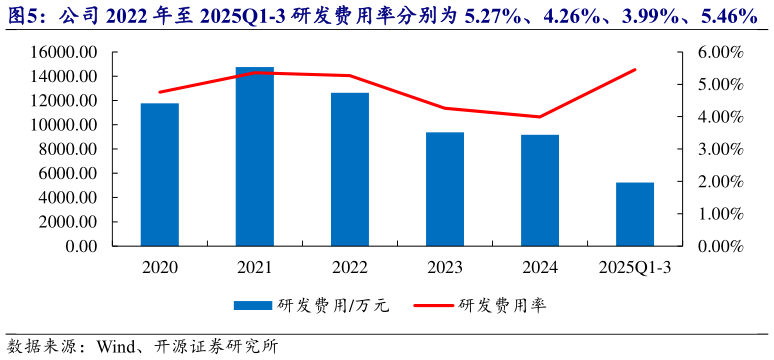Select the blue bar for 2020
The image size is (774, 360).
click(x=160, y=174)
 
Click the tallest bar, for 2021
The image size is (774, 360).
click(x=254, y=156)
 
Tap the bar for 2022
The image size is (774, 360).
click(x=350, y=169)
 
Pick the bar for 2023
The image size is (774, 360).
click(x=445, y=189)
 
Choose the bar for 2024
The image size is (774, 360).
click(x=540, y=190)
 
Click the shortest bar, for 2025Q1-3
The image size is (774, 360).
click(x=634, y=214)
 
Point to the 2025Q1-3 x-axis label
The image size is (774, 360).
click(x=634, y=268)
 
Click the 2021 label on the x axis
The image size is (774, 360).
click(x=254, y=268)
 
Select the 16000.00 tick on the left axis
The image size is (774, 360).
click(x=62, y=52)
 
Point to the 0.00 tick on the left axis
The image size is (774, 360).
click(x=81, y=246)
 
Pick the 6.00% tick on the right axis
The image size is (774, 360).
click(x=718, y=52)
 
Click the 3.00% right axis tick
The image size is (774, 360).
click(x=718, y=149)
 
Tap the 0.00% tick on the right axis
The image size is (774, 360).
click(x=718, y=246)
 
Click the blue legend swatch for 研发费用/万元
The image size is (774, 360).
click(x=253, y=305)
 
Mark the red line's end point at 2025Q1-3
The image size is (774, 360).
click(x=634, y=70)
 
